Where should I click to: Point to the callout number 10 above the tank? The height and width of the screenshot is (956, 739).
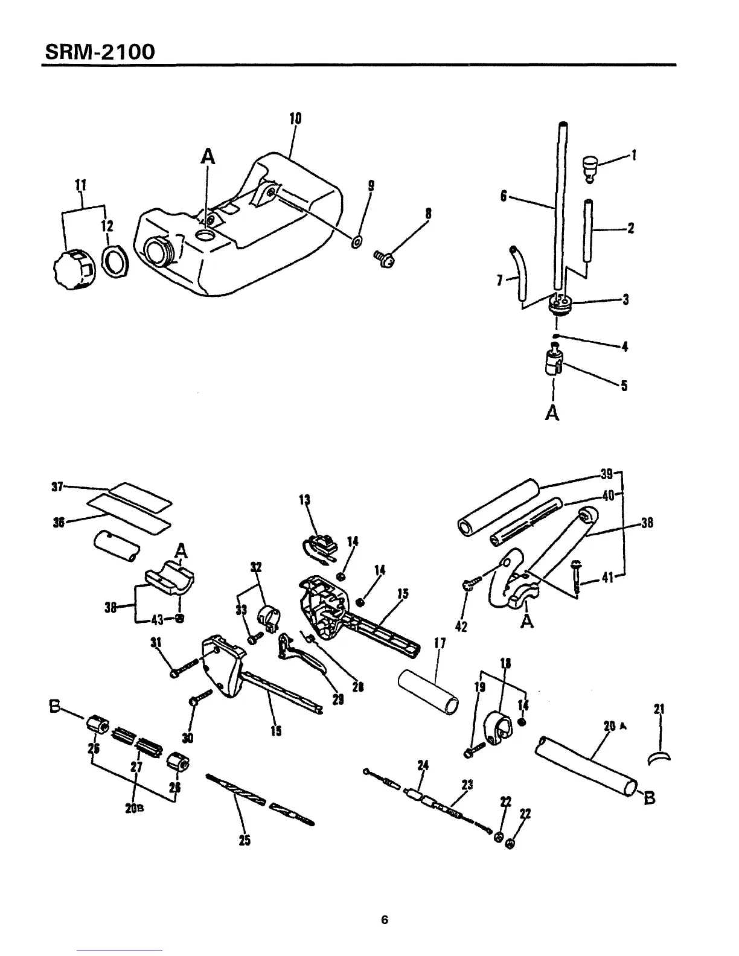click(x=295, y=118)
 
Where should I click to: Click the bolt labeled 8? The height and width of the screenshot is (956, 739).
click(x=385, y=260)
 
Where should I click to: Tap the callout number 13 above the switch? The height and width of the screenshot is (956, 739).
click(x=305, y=500)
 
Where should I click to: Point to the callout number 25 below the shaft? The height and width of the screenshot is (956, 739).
click(x=245, y=840)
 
